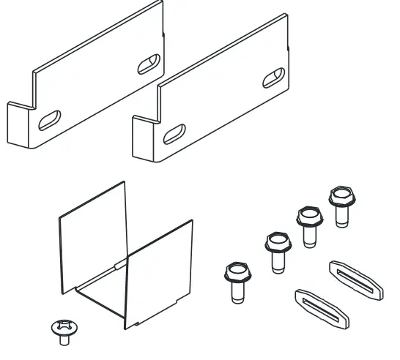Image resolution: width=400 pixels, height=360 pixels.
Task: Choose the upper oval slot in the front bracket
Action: [x=275, y=77]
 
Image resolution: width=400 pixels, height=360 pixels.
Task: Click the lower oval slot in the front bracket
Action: [x=174, y=134]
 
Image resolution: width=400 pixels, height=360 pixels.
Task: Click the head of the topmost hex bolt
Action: [x=340, y=196]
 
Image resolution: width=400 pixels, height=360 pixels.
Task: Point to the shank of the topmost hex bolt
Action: [x=340, y=215]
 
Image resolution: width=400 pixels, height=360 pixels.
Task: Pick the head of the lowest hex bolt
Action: [x=233, y=274]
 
